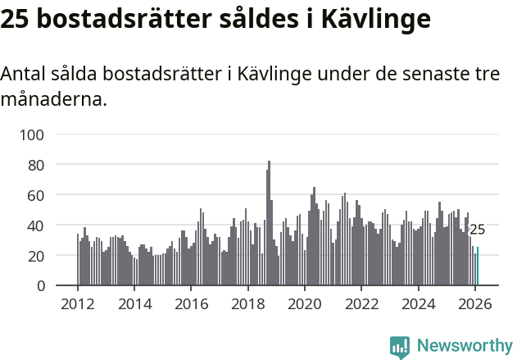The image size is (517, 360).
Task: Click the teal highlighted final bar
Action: click(x=478, y=267)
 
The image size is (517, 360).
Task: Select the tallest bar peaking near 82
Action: click(x=269, y=223)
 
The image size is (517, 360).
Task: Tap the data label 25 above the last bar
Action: click(x=477, y=230)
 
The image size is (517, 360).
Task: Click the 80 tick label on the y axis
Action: click(x=38, y=165)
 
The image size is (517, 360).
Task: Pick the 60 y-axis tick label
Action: click(x=38, y=195)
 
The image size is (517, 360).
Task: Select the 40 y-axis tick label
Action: click(x=38, y=226)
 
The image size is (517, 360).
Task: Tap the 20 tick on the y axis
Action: click(x=38, y=256)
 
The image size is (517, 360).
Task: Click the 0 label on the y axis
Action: click(x=42, y=286)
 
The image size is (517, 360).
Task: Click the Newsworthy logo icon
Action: click(x=400, y=347)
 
